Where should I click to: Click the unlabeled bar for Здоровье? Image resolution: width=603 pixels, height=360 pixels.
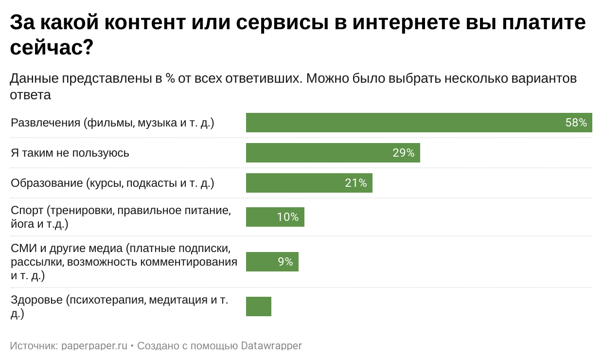[x=259, y=306]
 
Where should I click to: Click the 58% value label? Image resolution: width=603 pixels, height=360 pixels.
[x=576, y=123]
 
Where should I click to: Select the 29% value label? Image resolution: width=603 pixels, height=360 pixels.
[x=403, y=153]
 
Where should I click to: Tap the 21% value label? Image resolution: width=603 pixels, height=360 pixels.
[x=356, y=183]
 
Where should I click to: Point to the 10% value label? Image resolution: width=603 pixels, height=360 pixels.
[x=288, y=217]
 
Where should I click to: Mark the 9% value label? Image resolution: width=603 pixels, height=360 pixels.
[x=285, y=262]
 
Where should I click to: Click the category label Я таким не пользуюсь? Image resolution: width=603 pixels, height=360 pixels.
[x=70, y=153]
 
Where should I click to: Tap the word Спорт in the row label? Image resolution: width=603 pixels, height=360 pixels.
[x=27, y=211]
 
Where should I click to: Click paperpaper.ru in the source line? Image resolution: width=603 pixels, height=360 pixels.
[x=94, y=346]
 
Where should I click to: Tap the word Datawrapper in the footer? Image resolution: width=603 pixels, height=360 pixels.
[x=271, y=346]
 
